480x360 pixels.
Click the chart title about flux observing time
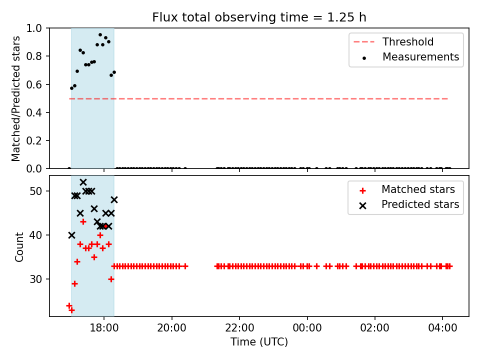tap(259, 17)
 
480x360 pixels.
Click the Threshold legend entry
tap(393, 41)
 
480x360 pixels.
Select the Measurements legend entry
tap(410, 56)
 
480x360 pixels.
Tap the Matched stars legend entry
tap(407, 189)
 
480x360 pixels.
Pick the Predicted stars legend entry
tap(409, 204)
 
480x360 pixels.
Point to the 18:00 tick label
tap(104, 328)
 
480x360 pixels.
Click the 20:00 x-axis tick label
tap(171, 328)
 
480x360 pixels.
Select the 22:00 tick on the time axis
tap(239, 328)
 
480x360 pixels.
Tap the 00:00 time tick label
tap(307, 328)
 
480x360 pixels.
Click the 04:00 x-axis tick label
tap(442, 328)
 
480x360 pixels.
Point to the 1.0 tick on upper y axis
tap(34, 28)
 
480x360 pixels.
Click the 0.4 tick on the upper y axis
tap(34, 112)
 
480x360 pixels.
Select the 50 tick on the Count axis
tap(35, 191)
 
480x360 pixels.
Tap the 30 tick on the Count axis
tap(35, 279)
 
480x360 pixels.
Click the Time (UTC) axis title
tap(259, 341)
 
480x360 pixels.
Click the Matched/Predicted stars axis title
tap(15, 98)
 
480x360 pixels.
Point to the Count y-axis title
tap(19, 246)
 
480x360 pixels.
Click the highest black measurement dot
tap(100, 35)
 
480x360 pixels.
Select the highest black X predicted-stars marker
tap(83, 182)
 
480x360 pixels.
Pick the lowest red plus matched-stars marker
tap(71, 310)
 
